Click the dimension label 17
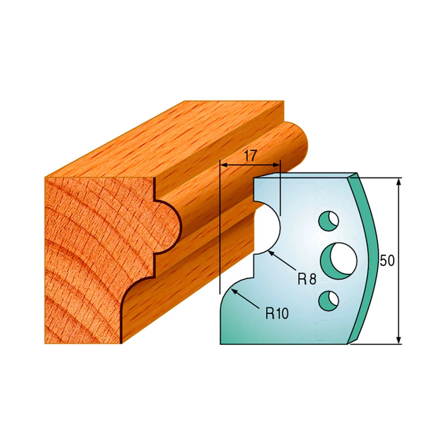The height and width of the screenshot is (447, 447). pyautogui.click(x=250, y=156)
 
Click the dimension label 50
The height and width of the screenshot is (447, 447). pyautogui.click(x=387, y=261)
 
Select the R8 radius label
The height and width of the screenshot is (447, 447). pyautogui.click(x=307, y=279)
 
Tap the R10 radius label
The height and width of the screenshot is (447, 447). pyautogui.click(x=277, y=314)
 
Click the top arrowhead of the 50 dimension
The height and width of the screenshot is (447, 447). pyautogui.click(x=399, y=182)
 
